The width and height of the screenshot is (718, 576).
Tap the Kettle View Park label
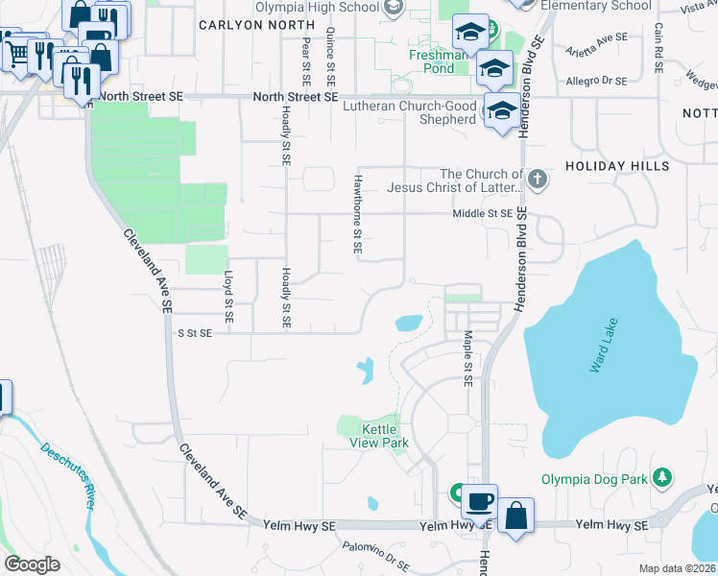point(385,436)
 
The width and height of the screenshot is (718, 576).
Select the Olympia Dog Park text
point(595,478)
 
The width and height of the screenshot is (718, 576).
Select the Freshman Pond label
point(439,62)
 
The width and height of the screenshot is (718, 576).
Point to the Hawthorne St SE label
point(357,221)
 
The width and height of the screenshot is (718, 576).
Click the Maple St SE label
point(468,357)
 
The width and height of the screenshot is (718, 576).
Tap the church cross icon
point(538,179)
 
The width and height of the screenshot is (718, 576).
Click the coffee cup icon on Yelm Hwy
point(478,502)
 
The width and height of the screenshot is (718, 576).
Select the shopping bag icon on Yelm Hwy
point(515,516)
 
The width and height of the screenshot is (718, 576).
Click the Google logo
point(32,564)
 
